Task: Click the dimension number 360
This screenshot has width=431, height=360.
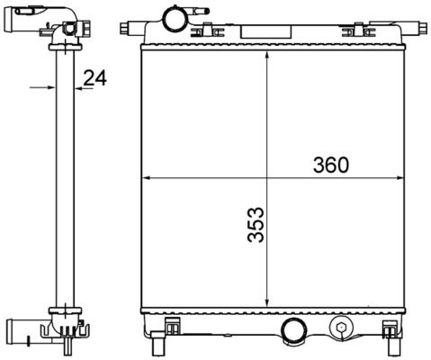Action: point(330,165)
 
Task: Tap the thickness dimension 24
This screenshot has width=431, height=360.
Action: point(95,78)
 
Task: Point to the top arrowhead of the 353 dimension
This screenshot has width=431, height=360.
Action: point(268,55)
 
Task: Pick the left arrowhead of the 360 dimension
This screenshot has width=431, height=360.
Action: point(148,178)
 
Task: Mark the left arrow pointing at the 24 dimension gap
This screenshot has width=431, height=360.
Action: point(45,87)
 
